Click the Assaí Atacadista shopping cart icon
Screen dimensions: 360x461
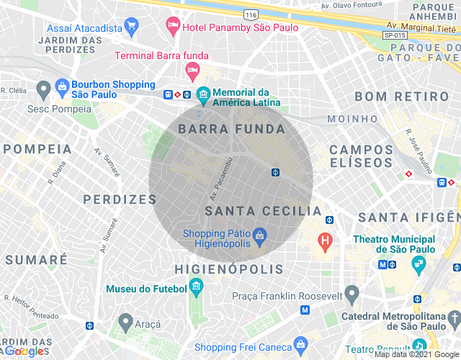(130, 27)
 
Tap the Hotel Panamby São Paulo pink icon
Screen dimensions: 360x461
(173, 27)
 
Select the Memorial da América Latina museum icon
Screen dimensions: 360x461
(203, 94)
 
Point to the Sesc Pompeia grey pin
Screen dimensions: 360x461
(43, 90)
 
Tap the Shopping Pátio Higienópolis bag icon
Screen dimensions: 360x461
(260, 235)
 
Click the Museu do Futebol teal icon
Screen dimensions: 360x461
(197, 289)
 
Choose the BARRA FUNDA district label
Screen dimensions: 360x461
(231, 129)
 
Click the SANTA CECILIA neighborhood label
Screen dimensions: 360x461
(263, 211)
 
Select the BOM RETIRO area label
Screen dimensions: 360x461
(397, 96)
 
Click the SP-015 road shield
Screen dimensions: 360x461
(392, 34)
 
